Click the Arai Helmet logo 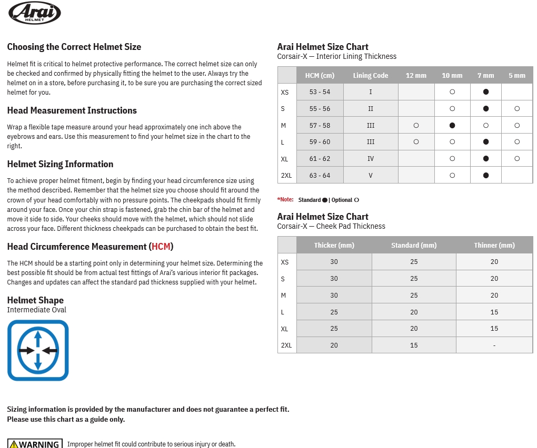click(35, 13)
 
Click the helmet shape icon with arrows click(38, 350)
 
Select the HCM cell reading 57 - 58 click(320, 125)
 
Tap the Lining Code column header click(370, 75)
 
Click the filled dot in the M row click(452, 125)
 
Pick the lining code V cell click(370, 175)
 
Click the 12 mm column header click(416, 75)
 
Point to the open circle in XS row click(452, 91)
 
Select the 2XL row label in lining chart click(286, 175)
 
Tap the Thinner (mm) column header click(494, 245)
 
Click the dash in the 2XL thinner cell click(494, 345)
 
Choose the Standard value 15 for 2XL click(414, 345)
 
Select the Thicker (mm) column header click(334, 245)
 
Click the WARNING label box click(35, 444)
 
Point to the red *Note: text click(285, 200)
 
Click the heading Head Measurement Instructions click(72, 110)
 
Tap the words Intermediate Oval click(36, 310)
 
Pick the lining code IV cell click(370, 158)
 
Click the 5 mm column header click(516, 75)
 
